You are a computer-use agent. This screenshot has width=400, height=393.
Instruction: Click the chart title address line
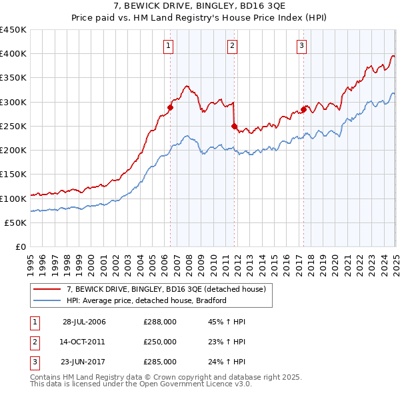click(x=199, y=7)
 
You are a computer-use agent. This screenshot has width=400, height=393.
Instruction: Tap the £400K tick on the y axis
click(x=13, y=54)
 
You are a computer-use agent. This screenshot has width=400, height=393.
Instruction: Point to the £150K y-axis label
click(x=13, y=175)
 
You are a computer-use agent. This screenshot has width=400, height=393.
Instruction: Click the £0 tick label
click(x=21, y=247)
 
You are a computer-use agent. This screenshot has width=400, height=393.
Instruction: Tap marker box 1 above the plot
click(x=167, y=46)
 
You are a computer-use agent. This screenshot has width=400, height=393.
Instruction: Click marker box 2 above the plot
click(x=232, y=46)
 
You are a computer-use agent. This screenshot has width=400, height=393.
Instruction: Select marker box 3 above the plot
click(x=301, y=46)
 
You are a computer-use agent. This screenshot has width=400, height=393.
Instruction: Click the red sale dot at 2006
click(x=171, y=107)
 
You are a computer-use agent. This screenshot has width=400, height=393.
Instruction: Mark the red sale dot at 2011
click(x=234, y=126)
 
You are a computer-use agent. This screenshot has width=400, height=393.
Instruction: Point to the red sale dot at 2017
click(x=303, y=109)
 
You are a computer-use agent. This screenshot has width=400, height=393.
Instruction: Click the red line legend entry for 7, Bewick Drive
click(x=167, y=289)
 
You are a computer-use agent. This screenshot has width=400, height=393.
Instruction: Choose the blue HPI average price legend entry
click(x=147, y=300)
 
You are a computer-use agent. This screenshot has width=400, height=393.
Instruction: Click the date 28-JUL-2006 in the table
click(x=84, y=322)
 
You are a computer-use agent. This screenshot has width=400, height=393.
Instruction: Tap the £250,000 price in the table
click(x=160, y=342)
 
